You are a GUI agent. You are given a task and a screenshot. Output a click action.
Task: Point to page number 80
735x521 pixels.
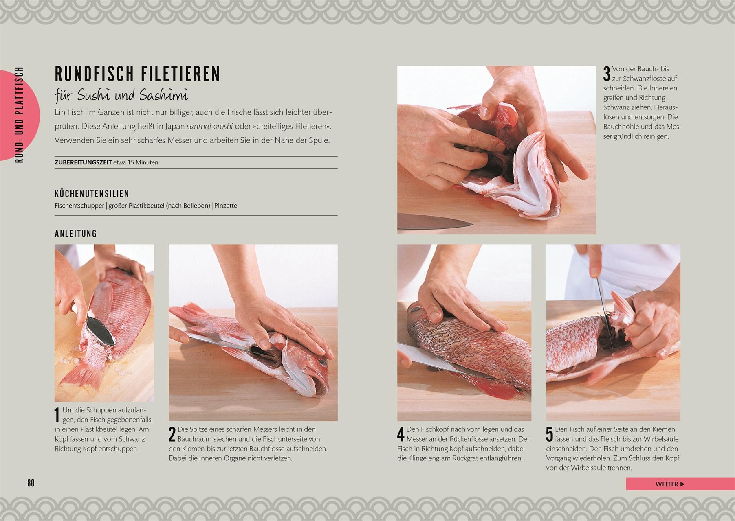pos(31,483)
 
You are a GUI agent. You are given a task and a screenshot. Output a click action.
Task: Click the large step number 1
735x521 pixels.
pos(58,415)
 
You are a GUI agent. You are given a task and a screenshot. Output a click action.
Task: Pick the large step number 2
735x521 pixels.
pos(172,434)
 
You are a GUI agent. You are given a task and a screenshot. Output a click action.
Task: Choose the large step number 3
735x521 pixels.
pos(607,74)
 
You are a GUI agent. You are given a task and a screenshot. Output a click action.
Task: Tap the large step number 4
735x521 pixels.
pos(401,434)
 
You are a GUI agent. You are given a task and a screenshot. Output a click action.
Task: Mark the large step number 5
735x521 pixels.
pos(550,434)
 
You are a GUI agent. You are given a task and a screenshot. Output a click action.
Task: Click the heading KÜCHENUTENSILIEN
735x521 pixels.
pos(92,194)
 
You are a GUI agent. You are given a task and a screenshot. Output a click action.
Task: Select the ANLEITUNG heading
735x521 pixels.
pos(76,234)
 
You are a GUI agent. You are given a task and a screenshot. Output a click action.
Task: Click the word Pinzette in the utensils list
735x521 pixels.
pos(226,206)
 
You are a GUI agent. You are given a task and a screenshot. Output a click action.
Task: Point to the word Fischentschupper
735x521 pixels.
pos(79,206)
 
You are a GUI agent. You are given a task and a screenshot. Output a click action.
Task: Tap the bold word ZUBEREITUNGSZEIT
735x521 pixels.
pos(83,162)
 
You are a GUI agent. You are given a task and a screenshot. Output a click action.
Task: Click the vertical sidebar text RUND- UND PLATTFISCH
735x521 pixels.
pos(19,115)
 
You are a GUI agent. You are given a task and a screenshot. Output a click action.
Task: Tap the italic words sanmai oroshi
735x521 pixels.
pos(209,126)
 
